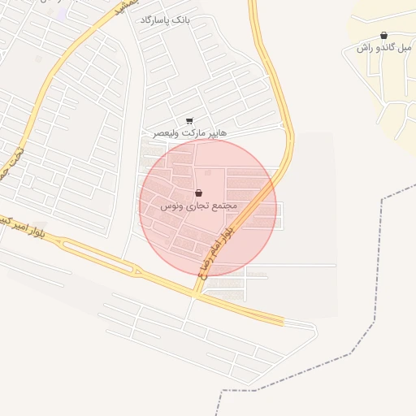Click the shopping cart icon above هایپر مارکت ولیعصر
pos(190,121)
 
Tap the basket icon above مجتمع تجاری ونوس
pos(199,193)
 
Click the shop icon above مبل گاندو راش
pos(383,36)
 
